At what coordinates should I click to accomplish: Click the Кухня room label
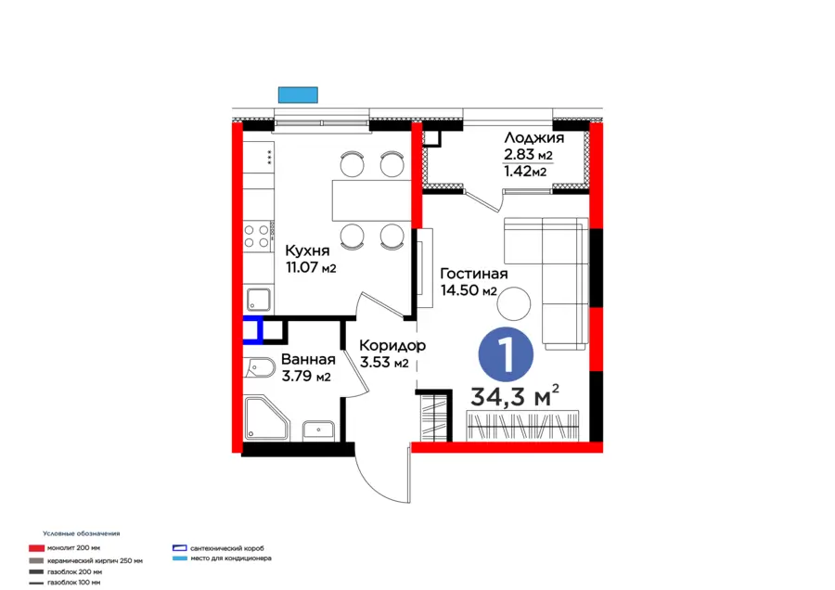click(305, 250)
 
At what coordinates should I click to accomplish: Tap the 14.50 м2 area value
click(469, 290)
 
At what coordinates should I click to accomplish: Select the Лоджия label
click(533, 138)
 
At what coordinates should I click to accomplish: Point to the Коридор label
click(392, 345)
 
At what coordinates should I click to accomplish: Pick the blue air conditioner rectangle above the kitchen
click(298, 95)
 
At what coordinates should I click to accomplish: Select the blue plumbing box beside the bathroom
click(252, 329)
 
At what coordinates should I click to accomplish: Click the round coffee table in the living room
click(514, 301)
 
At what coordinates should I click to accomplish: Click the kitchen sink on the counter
click(259, 299)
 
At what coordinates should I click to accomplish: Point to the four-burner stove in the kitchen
click(257, 236)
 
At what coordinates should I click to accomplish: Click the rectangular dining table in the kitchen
click(371, 199)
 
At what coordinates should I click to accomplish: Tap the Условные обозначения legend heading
click(81, 533)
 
